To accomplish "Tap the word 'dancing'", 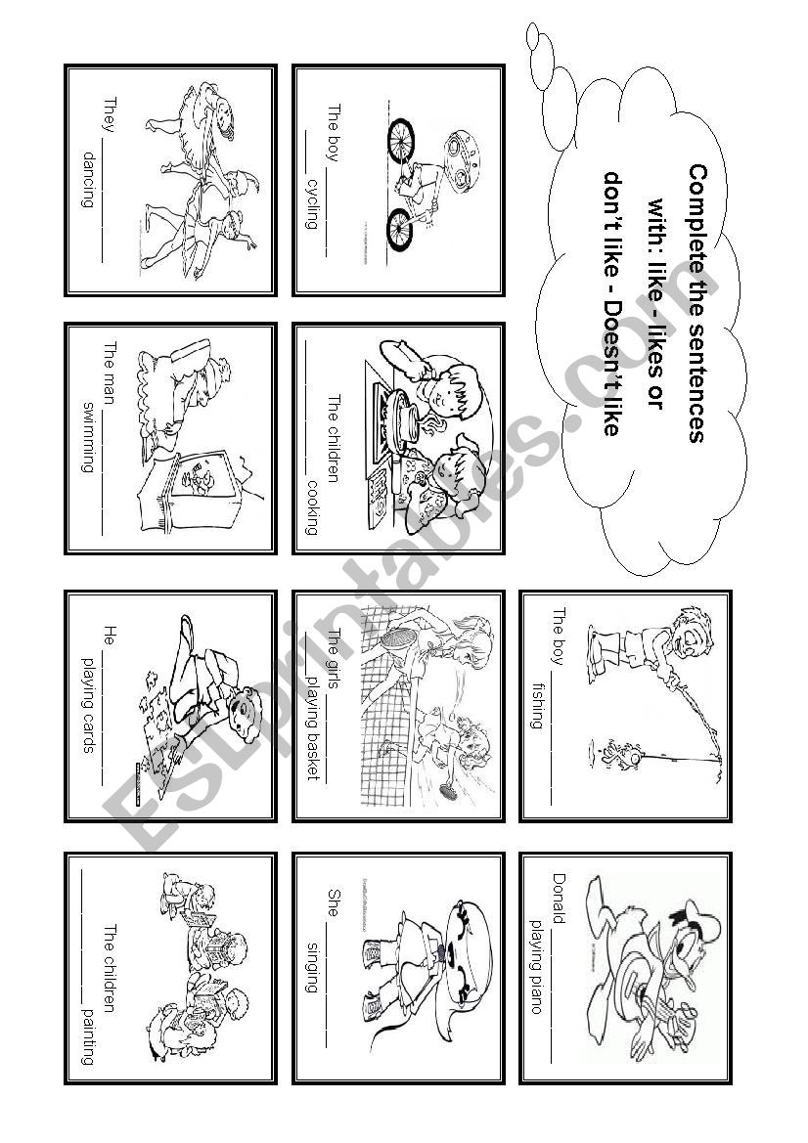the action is coord(89,179).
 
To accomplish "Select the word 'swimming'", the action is coord(89,437).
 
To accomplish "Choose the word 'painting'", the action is coord(89,1037).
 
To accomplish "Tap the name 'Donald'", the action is coord(560,898).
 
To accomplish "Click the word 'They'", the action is coord(111,114).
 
